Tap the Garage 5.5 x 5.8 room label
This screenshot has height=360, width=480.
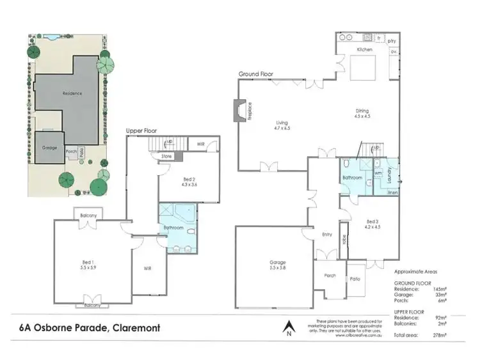point(277,265)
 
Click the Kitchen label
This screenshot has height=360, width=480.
point(364,49)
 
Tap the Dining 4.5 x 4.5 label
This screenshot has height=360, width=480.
point(362,114)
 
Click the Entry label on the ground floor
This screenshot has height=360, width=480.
point(326,235)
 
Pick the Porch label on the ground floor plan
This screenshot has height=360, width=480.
point(330,276)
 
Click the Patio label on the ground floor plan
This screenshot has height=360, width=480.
point(355,279)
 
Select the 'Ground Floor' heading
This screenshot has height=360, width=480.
point(256,74)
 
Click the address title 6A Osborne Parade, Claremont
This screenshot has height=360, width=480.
point(90,328)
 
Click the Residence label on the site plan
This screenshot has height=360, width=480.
point(72,93)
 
